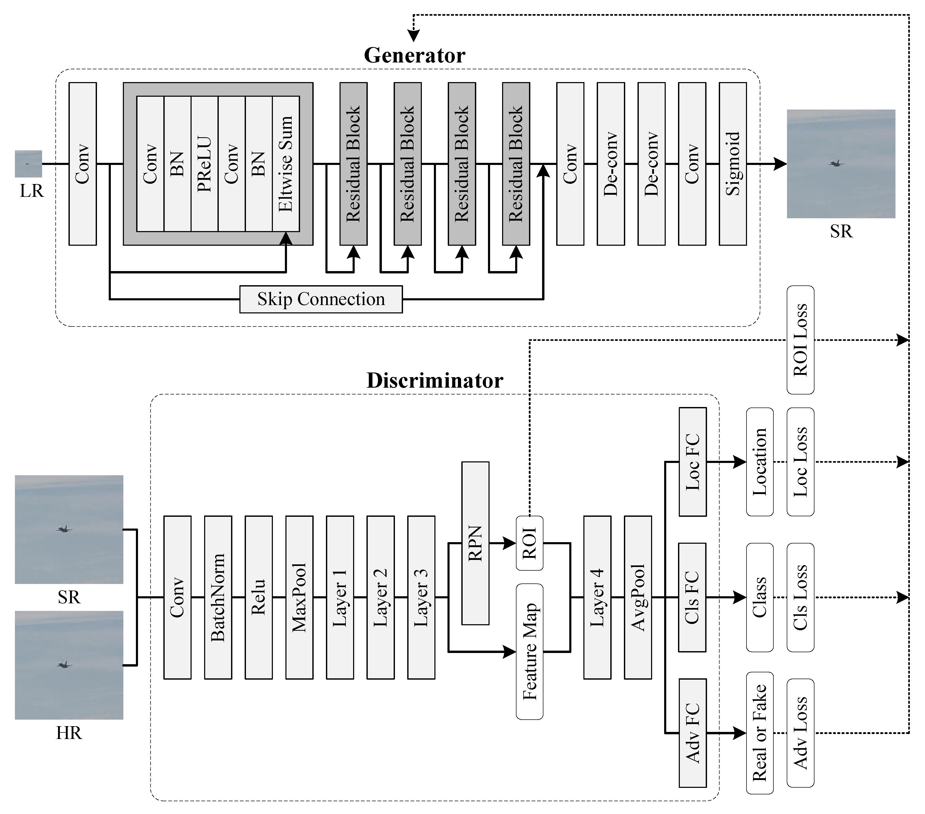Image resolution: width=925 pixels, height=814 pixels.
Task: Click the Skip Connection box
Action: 321,299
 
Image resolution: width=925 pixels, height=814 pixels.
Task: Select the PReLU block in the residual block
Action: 205,164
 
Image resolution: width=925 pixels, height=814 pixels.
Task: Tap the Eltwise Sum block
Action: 286,164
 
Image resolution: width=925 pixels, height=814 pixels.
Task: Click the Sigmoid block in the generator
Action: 733,164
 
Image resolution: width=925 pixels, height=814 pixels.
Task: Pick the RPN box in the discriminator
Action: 475,543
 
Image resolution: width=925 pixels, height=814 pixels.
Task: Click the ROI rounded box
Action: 530,543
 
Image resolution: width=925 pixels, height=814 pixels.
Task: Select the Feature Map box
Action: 530,652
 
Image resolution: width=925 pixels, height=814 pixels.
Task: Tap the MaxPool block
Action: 299,597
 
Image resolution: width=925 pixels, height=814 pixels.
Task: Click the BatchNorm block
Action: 218,597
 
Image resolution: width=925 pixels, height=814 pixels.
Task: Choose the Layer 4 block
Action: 597,597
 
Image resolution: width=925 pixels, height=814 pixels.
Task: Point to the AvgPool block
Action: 638,597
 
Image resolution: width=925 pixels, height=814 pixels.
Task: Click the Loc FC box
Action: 692,462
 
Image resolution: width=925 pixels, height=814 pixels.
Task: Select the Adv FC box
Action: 692,733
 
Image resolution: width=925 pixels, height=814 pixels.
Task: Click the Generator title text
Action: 415,55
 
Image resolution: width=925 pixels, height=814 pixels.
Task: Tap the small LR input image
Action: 28,164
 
